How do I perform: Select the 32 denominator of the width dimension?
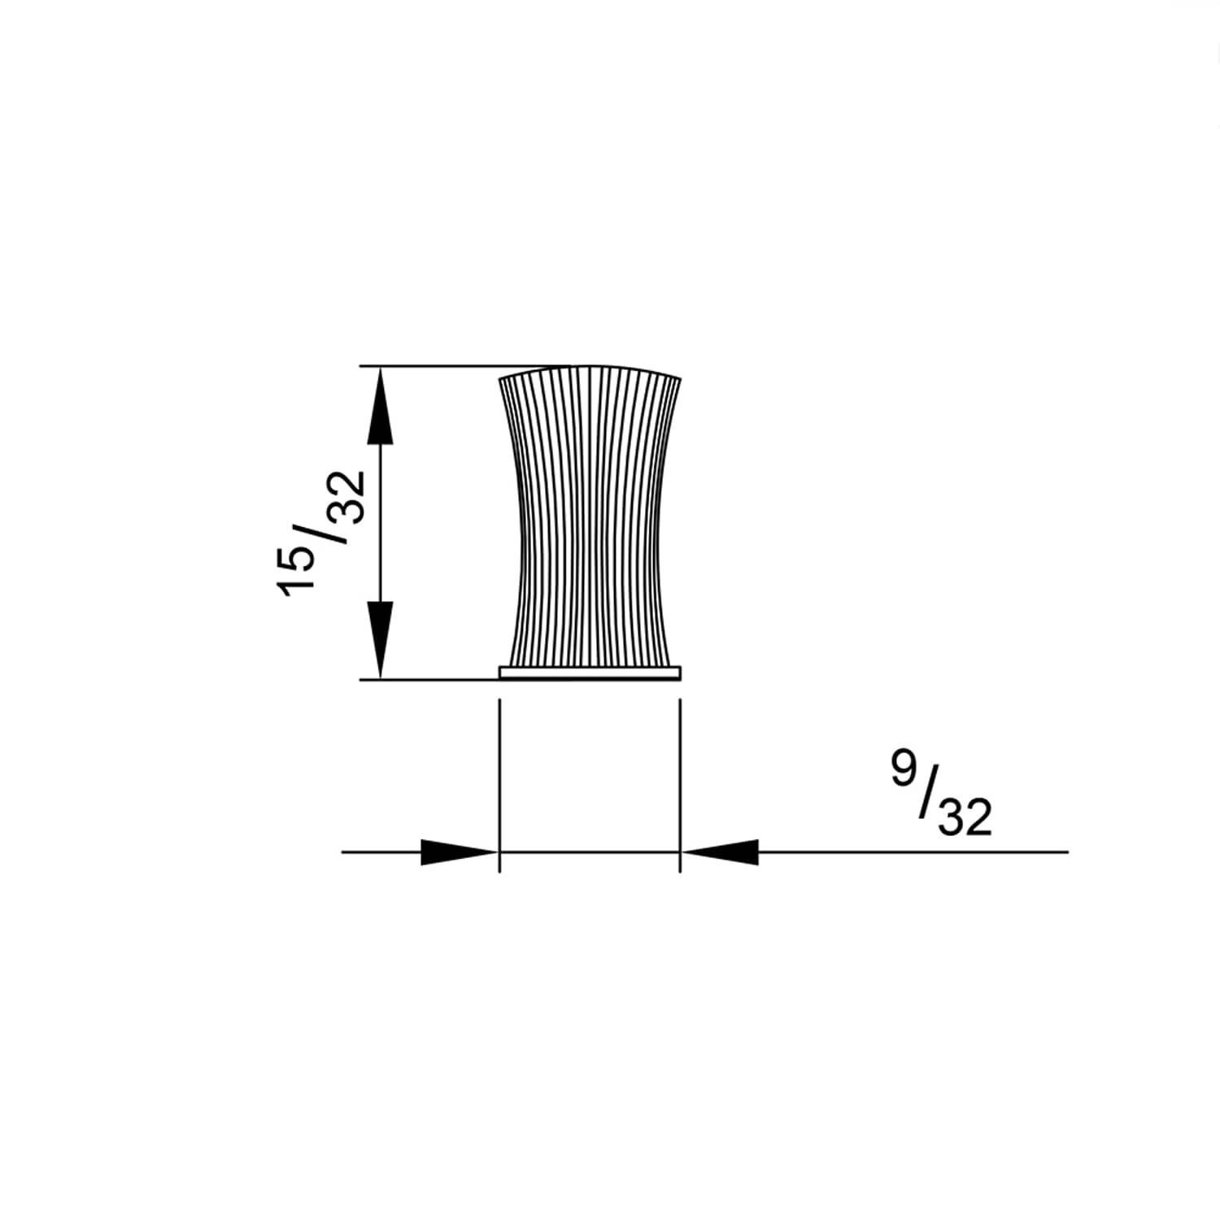point(965,817)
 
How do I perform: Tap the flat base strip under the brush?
point(590,673)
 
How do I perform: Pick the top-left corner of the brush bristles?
point(499,380)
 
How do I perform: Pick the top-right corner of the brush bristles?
point(680,379)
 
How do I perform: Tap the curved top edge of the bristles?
point(590,368)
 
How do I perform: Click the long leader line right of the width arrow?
point(911,852)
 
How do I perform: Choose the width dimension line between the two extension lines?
point(590,852)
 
